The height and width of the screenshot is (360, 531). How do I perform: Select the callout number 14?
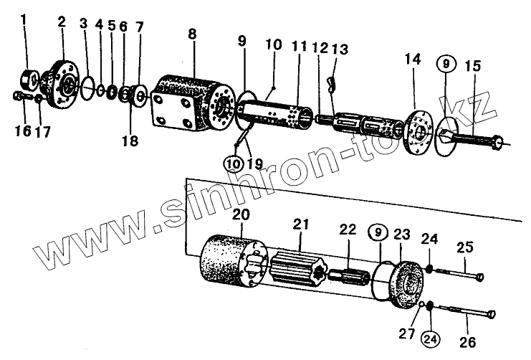[414, 61]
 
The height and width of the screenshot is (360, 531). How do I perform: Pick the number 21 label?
[300, 225]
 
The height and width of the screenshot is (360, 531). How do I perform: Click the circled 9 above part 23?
[377, 232]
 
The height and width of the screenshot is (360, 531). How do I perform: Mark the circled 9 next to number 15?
[446, 64]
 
